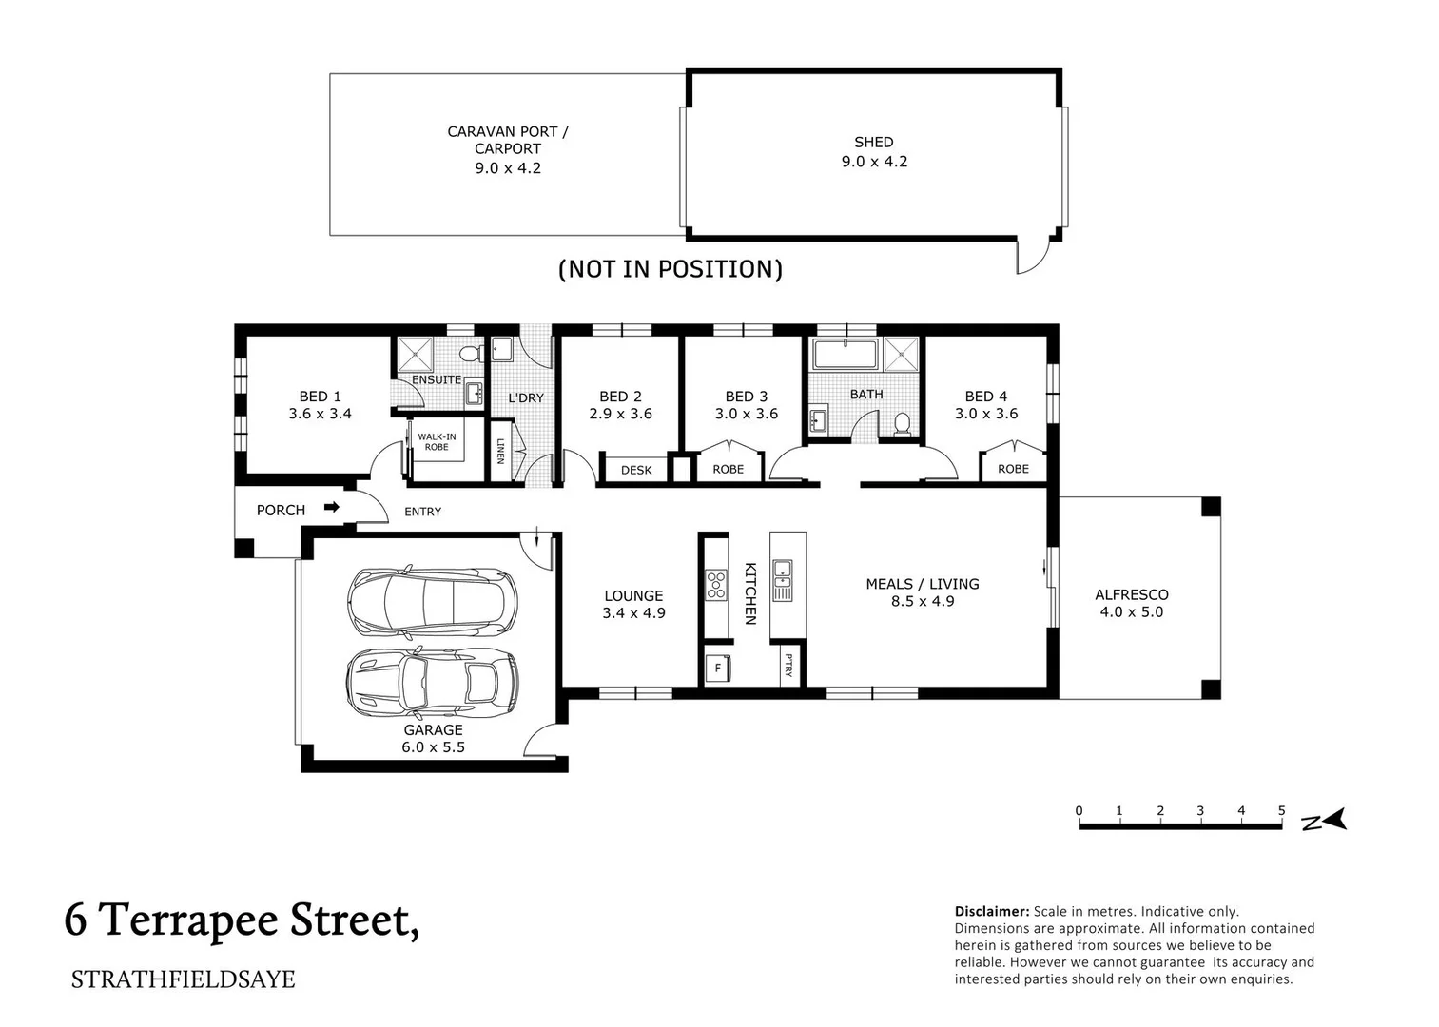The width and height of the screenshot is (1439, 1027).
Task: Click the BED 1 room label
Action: point(320,397)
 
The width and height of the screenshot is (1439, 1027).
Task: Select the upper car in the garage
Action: point(432,602)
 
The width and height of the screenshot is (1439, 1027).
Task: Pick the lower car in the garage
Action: point(432,682)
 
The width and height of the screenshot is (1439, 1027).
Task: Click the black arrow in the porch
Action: point(331,508)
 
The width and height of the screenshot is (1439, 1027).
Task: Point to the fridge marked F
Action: point(717,669)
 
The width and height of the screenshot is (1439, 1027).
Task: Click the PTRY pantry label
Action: point(788,667)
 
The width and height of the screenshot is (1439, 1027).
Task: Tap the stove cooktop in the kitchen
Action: point(715,584)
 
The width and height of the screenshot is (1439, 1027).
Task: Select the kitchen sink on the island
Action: point(782,580)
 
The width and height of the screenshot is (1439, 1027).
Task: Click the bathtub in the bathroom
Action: point(844,355)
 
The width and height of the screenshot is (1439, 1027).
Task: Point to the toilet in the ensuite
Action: point(468,354)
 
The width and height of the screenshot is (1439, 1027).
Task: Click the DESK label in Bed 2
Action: point(636,470)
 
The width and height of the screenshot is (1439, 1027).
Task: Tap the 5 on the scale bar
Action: point(1281,811)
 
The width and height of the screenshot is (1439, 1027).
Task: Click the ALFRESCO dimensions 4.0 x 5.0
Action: point(1131,612)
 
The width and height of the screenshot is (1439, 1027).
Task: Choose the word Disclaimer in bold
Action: point(991,911)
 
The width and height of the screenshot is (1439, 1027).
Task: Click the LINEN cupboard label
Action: point(500,451)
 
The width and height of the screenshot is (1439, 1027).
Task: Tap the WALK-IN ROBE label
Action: point(437,442)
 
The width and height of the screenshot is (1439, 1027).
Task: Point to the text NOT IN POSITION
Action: point(671,269)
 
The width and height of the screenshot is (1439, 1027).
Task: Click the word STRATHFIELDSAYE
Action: point(183,979)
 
